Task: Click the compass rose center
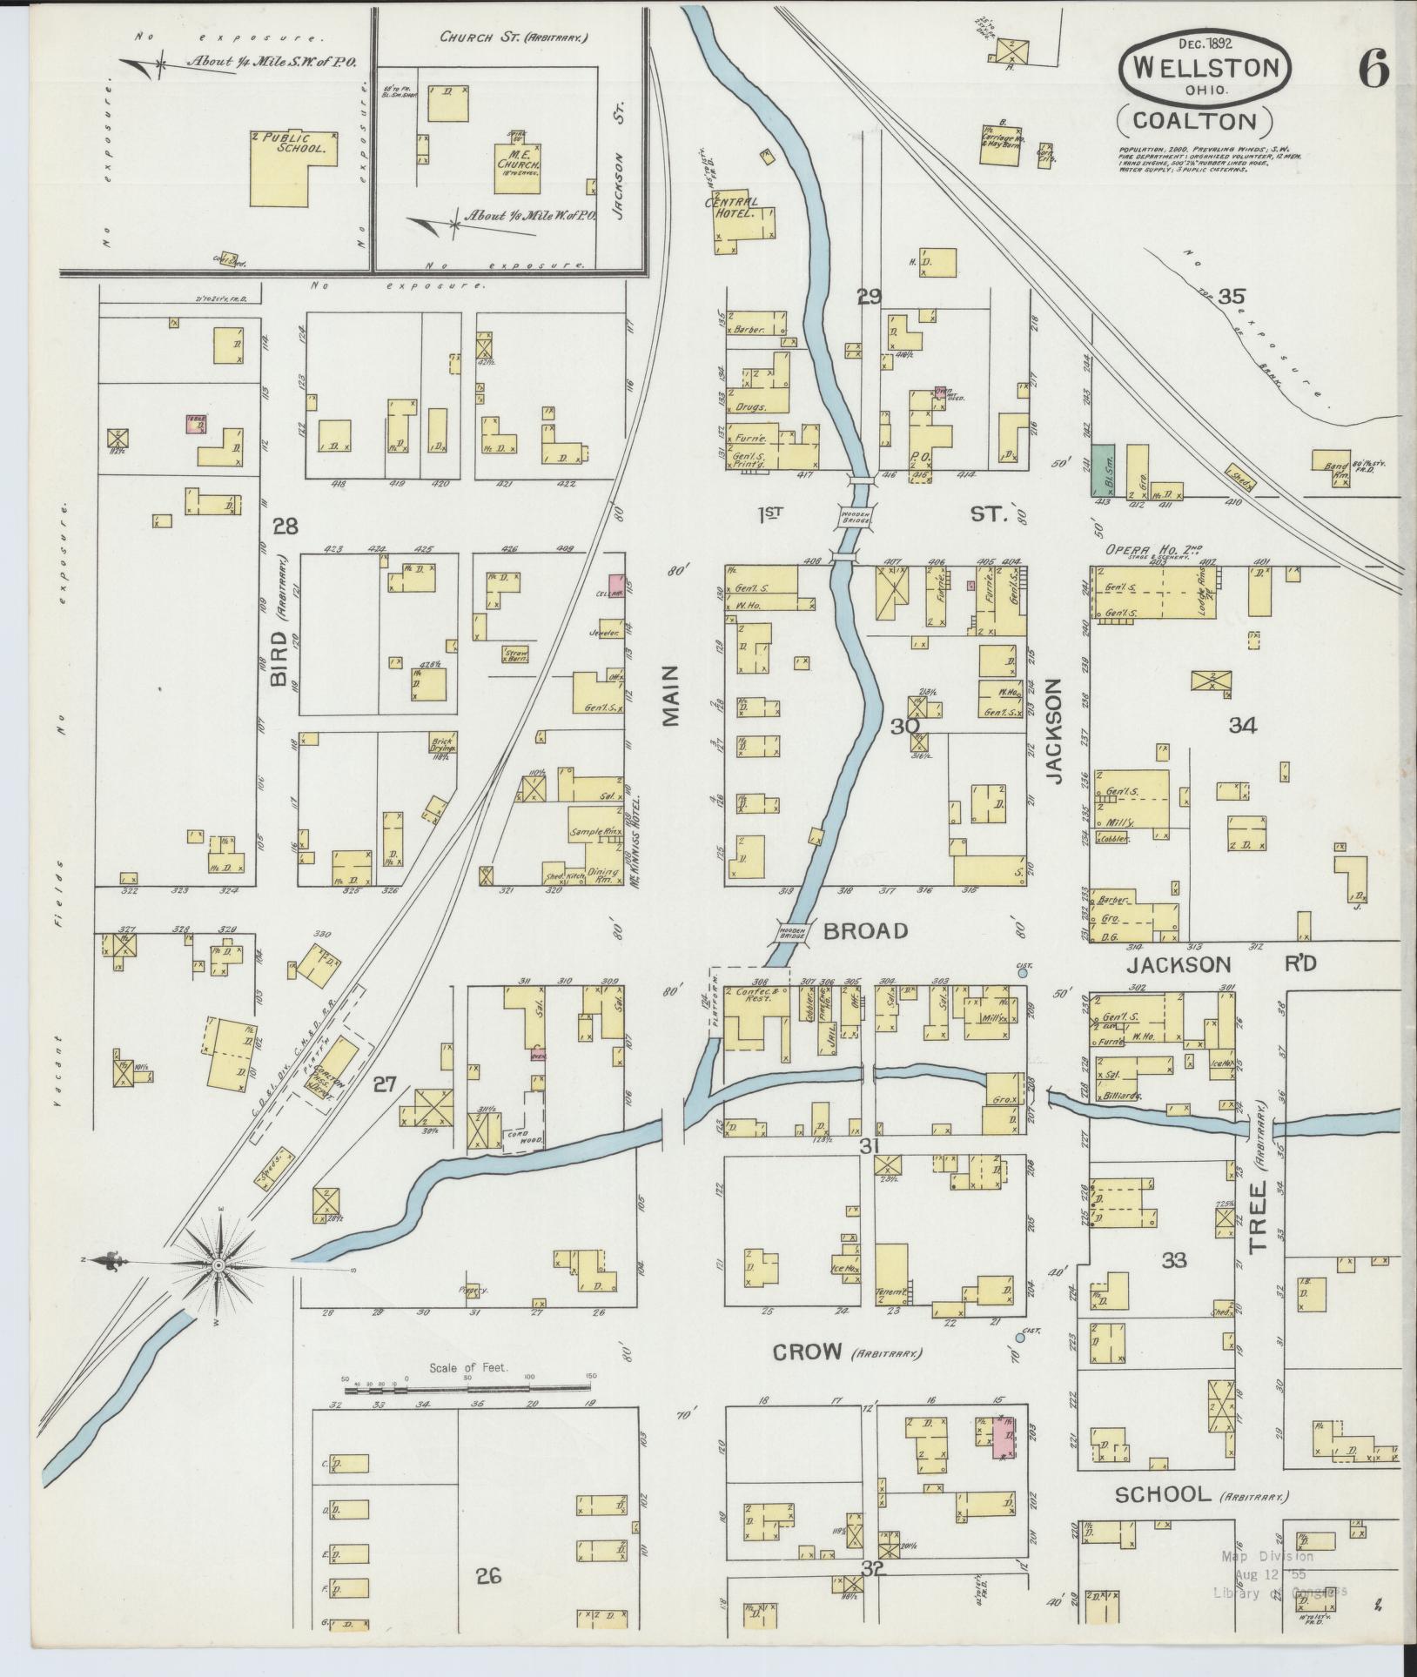tap(218, 1264)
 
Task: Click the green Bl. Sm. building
tap(1102, 470)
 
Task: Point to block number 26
tap(489, 1575)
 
